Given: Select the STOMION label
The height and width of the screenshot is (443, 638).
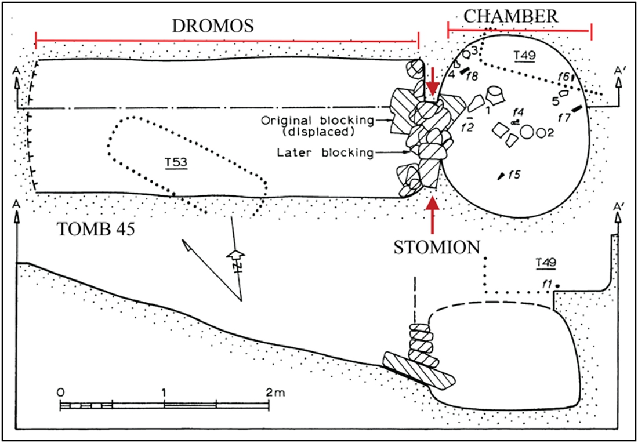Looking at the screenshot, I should tap(437, 247).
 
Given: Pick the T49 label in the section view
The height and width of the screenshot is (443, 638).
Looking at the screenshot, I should tap(546, 263).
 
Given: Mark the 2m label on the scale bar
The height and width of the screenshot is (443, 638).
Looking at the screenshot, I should tap(273, 392).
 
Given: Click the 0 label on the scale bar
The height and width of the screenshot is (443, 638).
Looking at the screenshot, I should tap(60, 392).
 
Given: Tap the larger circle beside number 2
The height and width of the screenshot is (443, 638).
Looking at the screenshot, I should tap(527, 132).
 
